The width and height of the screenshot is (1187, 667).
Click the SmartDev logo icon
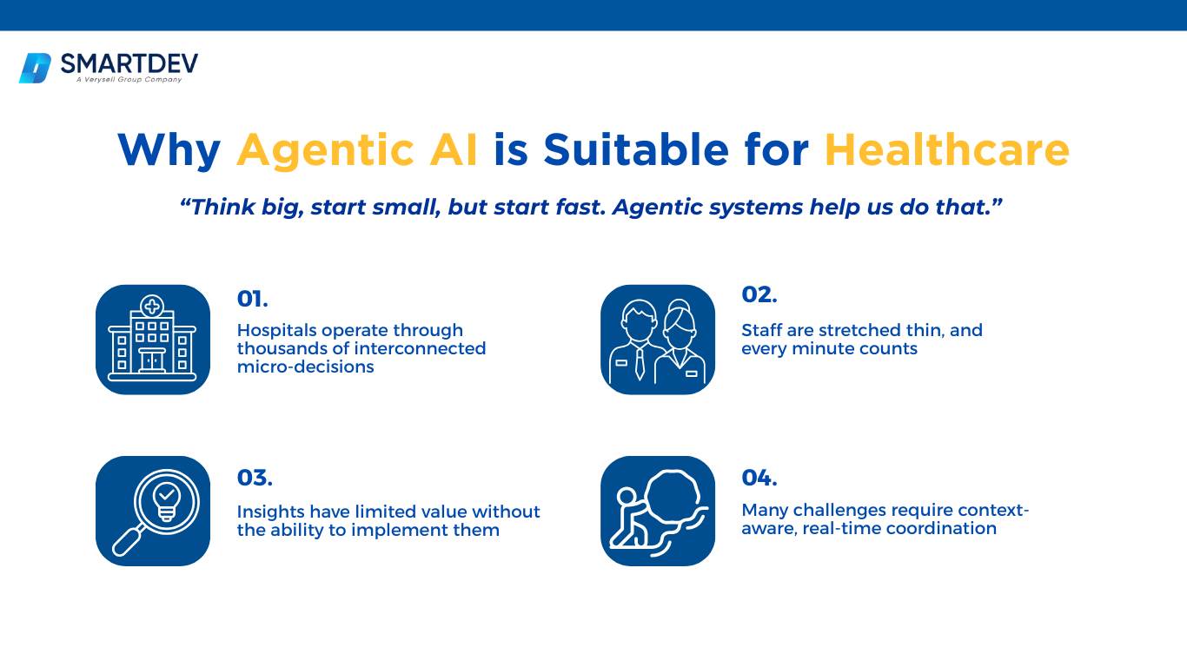pyautogui.click(x=36, y=69)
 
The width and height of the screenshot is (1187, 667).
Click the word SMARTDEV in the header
pyautogui.click(x=129, y=64)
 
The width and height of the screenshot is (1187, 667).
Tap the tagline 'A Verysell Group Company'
pyautogui.click(x=129, y=80)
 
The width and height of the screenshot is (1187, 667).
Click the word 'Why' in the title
pyautogui.click(x=169, y=150)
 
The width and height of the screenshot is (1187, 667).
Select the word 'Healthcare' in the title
pyautogui.click(x=947, y=149)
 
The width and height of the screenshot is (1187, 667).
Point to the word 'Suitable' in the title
pyautogui.click(x=636, y=149)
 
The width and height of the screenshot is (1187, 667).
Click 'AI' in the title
pyautogui.click(x=454, y=149)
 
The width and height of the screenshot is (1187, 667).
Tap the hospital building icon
pyautogui.click(x=153, y=340)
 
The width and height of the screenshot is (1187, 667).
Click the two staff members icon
pyautogui.click(x=658, y=340)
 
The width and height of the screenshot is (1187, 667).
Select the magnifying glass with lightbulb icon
pyautogui.click(x=153, y=512)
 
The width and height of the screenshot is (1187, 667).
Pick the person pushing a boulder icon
pyautogui.click(x=658, y=512)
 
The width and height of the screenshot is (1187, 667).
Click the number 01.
pyautogui.click(x=253, y=299)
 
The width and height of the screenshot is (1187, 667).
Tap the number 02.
pyautogui.click(x=759, y=294)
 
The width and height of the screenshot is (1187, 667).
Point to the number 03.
pyautogui.click(x=255, y=478)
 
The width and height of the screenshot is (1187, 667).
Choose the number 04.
pyautogui.click(x=759, y=478)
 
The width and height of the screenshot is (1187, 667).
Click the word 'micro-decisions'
pyautogui.click(x=305, y=367)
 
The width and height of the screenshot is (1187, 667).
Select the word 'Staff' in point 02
pyautogui.click(x=761, y=330)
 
